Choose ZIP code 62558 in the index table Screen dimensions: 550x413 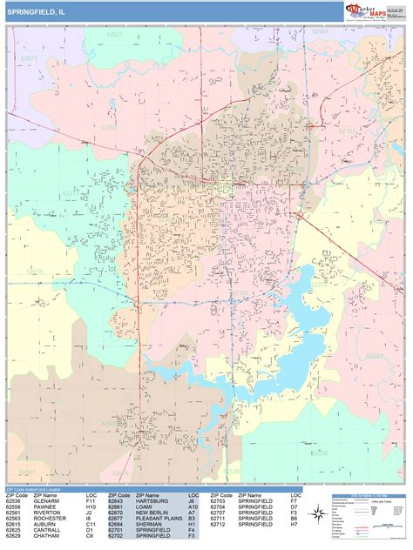click(x=13, y=507)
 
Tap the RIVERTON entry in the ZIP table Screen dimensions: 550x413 click(x=45, y=513)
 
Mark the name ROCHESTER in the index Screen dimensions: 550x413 click(x=48, y=520)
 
